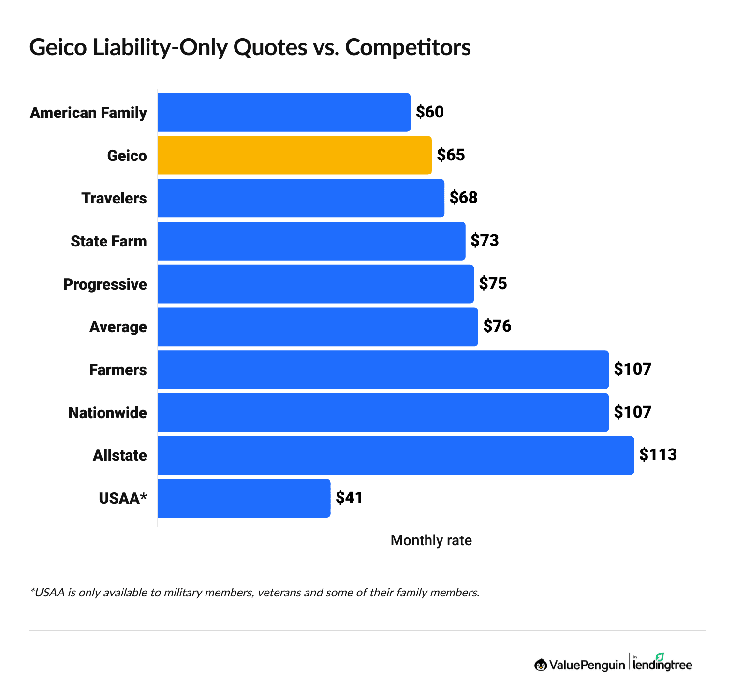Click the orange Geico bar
[x=294, y=155]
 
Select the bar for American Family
[x=284, y=112]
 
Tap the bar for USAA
[x=244, y=498]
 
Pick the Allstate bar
[x=396, y=455]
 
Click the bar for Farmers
[x=383, y=370]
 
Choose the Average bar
[x=318, y=327]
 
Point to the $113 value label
[x=658, y=455]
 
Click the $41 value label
[x=349, y=498]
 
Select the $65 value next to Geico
[x=451, y=155]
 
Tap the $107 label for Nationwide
[x=632, y=412]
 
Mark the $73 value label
[x=485, y=241]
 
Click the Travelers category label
[x=114, y=198]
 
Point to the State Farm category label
[x=109, y=241]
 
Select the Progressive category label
[x=105, y=284]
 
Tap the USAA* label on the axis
[x=122, y=498]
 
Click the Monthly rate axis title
[x=431, y=540]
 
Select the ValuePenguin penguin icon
[x=541, y=665]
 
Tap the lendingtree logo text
[x=662, y=665]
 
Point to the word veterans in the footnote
[x=279, y=592]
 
